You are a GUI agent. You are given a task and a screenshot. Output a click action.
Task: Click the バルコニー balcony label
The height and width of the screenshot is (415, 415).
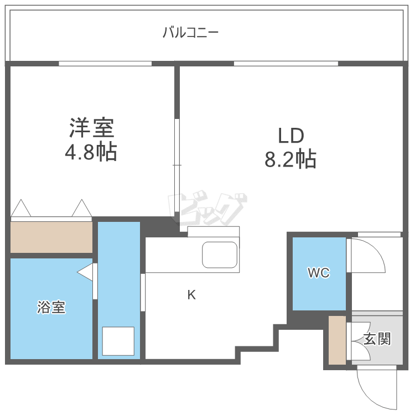click(191, 33)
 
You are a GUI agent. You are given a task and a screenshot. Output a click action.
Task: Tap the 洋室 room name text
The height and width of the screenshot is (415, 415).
click(92, 129)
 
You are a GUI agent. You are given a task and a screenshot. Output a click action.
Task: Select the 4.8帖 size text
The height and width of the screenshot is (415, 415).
click(92, 151)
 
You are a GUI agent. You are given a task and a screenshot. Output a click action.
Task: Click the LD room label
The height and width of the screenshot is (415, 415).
click(290, 136)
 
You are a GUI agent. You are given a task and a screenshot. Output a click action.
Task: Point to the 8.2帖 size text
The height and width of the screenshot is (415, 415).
click(290, 159)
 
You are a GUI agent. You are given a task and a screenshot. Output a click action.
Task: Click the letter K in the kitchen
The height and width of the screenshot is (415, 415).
click(191, 295)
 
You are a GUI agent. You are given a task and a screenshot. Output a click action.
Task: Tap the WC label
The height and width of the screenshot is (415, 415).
click(319, 273)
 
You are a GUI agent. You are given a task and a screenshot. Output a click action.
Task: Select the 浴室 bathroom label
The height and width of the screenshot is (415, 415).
click(51, 308)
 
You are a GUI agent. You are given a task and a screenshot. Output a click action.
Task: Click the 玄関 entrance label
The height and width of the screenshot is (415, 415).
click(378, 339)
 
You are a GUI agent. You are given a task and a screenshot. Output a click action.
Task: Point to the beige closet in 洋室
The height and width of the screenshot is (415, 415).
click(51, 237)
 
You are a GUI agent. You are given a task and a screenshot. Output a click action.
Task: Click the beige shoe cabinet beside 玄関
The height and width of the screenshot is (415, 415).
click(336, 340)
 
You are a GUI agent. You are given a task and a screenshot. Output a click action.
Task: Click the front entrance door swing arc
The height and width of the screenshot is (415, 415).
click(376, 387)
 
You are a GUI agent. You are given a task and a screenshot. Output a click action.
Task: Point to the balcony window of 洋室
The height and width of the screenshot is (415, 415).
click(105, 64)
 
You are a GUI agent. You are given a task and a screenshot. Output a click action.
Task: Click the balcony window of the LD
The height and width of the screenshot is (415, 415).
click(286, 64)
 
